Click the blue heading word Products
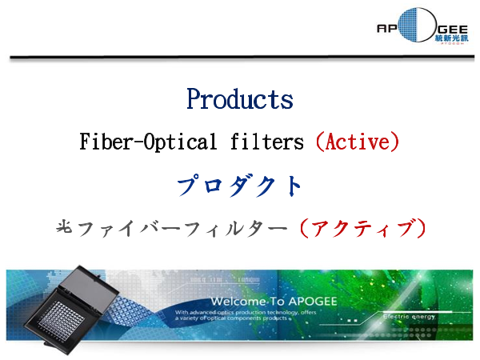coord(239,99)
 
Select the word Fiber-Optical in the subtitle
coord(135,142)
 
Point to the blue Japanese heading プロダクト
coord(239,186)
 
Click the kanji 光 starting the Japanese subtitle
coord(65,228)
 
